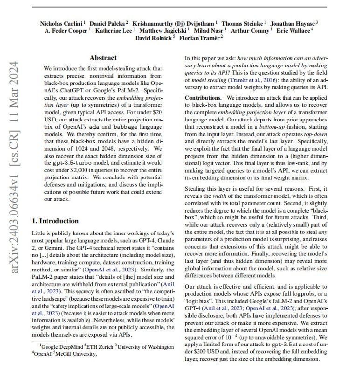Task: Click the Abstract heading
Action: click(103, 58)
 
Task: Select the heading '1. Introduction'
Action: click(55, 221)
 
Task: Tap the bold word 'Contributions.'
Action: click(203, 98)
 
